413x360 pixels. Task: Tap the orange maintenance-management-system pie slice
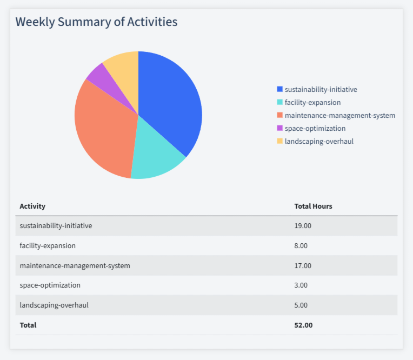point(103,130)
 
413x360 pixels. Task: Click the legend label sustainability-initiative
point(321,89)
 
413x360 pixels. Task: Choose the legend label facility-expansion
point(312,102)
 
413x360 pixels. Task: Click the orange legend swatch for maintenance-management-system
point(279,115)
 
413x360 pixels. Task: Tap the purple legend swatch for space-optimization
point(279,128)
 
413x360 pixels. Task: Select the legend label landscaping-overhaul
point(319,141)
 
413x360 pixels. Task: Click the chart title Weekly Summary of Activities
point(96,22)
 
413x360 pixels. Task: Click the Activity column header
point(32,206)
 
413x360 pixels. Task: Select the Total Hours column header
point(313,206)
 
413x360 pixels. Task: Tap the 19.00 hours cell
point(303,225)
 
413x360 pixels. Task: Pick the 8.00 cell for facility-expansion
point(301,245)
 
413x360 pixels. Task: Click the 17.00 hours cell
point(303,265)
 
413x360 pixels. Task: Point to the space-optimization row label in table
point(50,285)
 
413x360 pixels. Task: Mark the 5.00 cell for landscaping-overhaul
point(301,305)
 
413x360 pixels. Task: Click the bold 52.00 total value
point(303,325)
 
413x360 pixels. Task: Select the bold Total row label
point(28,325)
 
